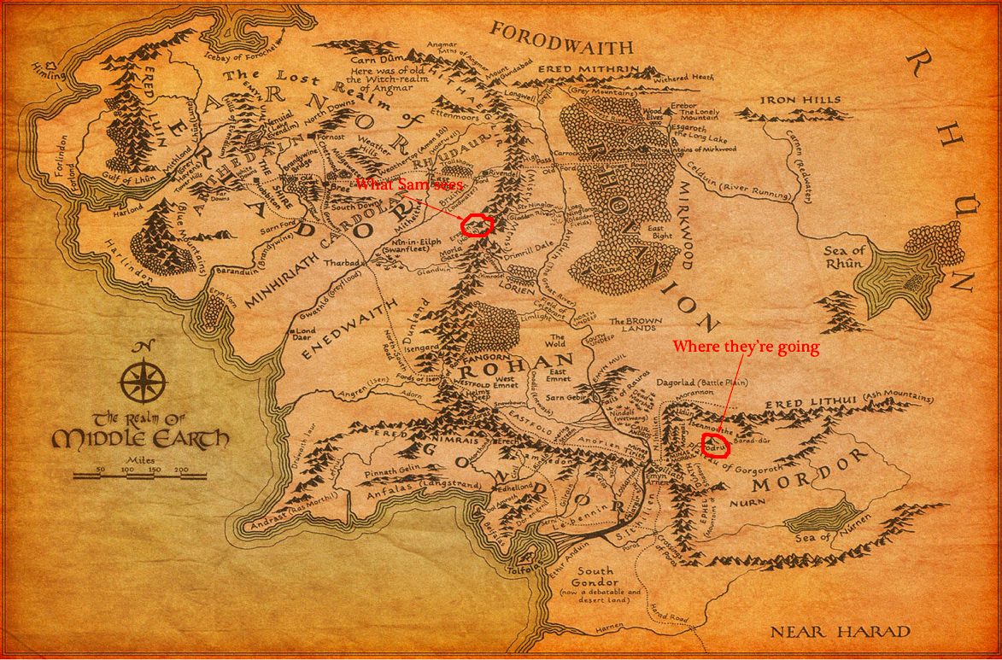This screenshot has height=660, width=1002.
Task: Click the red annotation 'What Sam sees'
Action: pos(409,184)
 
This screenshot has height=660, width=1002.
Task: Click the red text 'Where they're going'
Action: pos(746,347)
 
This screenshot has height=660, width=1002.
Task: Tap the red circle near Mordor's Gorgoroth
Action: pos(716,446)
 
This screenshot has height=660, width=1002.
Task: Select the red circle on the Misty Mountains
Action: pos(477,225)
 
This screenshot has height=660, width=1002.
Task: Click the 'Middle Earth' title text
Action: pos(141,438)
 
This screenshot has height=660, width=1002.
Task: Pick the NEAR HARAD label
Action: pos(840,633)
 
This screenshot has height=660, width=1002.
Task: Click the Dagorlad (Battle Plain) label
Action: pos(695,383)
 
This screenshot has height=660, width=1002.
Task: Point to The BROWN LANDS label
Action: pos(635,325)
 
